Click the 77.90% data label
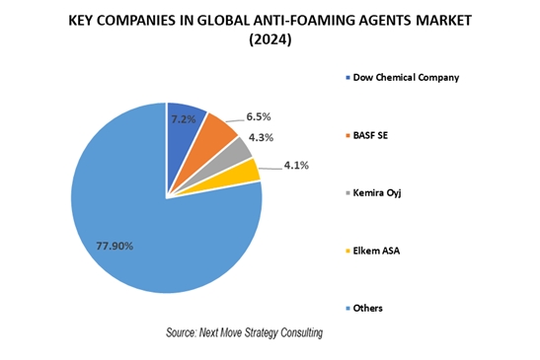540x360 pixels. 115,246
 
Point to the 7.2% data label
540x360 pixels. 184,119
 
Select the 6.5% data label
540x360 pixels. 259,117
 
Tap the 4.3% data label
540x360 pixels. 261,138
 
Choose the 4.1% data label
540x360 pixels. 296,166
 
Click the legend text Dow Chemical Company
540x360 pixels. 406,78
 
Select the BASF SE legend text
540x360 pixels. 370,135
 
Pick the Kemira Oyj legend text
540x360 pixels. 377,192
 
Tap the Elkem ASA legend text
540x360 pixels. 376,251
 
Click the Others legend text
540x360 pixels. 368,308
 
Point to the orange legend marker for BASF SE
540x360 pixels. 347,135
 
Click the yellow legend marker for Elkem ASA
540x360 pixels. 347,251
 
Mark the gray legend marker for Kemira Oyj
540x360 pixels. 347,193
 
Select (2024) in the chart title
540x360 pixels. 270,39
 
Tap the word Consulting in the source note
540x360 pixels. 302,332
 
